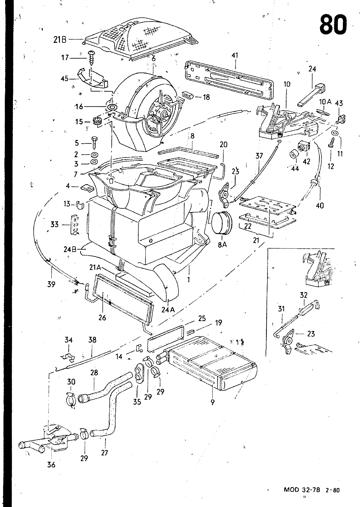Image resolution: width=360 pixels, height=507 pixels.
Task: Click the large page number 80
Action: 333,24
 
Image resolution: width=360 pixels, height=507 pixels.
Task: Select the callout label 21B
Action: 60,40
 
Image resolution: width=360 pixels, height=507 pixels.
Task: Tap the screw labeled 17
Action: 91,58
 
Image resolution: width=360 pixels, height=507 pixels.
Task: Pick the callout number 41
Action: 235,55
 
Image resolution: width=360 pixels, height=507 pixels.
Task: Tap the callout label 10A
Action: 325,102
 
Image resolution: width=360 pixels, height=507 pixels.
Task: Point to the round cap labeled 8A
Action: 222,223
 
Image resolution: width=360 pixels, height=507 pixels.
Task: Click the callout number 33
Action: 55,225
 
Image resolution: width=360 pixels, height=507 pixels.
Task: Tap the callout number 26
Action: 102,318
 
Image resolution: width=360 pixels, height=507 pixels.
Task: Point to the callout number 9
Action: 212,402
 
